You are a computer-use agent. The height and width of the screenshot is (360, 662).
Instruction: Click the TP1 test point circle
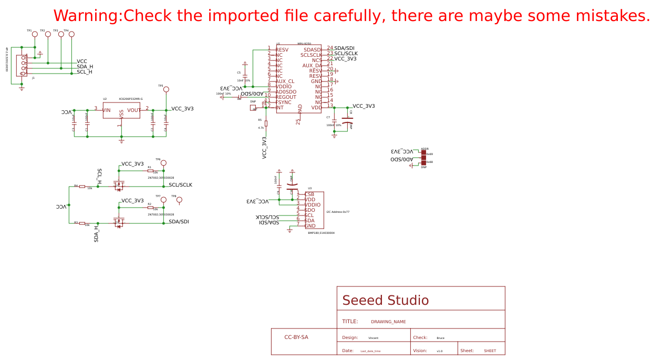pos(35,34)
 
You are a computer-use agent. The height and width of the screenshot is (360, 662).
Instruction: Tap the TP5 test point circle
pos(166,89)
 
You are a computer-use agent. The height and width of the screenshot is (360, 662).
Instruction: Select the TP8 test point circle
pos(179,200)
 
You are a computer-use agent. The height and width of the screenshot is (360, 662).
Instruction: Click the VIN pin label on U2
pos(107,110)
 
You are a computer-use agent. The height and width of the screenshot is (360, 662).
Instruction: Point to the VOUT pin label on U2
pos(133,110)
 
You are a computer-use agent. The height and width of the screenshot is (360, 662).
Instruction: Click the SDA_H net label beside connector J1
pos(85,67)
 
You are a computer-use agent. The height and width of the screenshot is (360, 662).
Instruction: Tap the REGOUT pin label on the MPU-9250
pos(286,97)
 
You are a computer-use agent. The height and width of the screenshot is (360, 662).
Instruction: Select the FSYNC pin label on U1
pos(283,102)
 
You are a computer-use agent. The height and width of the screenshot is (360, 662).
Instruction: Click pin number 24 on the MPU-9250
pos(330,48)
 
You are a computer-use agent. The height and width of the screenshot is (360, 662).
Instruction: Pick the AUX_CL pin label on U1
pos(285,81)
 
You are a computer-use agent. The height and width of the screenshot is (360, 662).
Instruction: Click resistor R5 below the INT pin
pos(266,124)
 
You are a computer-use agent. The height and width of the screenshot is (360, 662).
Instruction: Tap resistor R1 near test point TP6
pos(150,171)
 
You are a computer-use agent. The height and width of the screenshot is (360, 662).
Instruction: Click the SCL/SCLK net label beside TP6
pos(180,185)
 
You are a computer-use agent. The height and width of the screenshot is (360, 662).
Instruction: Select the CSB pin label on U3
pos(309,194)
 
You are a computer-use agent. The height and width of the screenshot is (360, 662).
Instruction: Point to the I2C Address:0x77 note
pos(338,212)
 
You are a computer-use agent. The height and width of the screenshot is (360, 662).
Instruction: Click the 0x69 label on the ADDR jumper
pos(429,154)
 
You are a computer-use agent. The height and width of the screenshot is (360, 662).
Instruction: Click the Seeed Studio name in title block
pos(385,301)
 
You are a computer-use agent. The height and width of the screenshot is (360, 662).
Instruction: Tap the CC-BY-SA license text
pos(296,337)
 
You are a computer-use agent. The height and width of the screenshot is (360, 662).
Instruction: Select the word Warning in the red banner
pos(87,16)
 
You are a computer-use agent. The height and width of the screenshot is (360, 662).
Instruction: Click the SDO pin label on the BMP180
pos(309,210)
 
